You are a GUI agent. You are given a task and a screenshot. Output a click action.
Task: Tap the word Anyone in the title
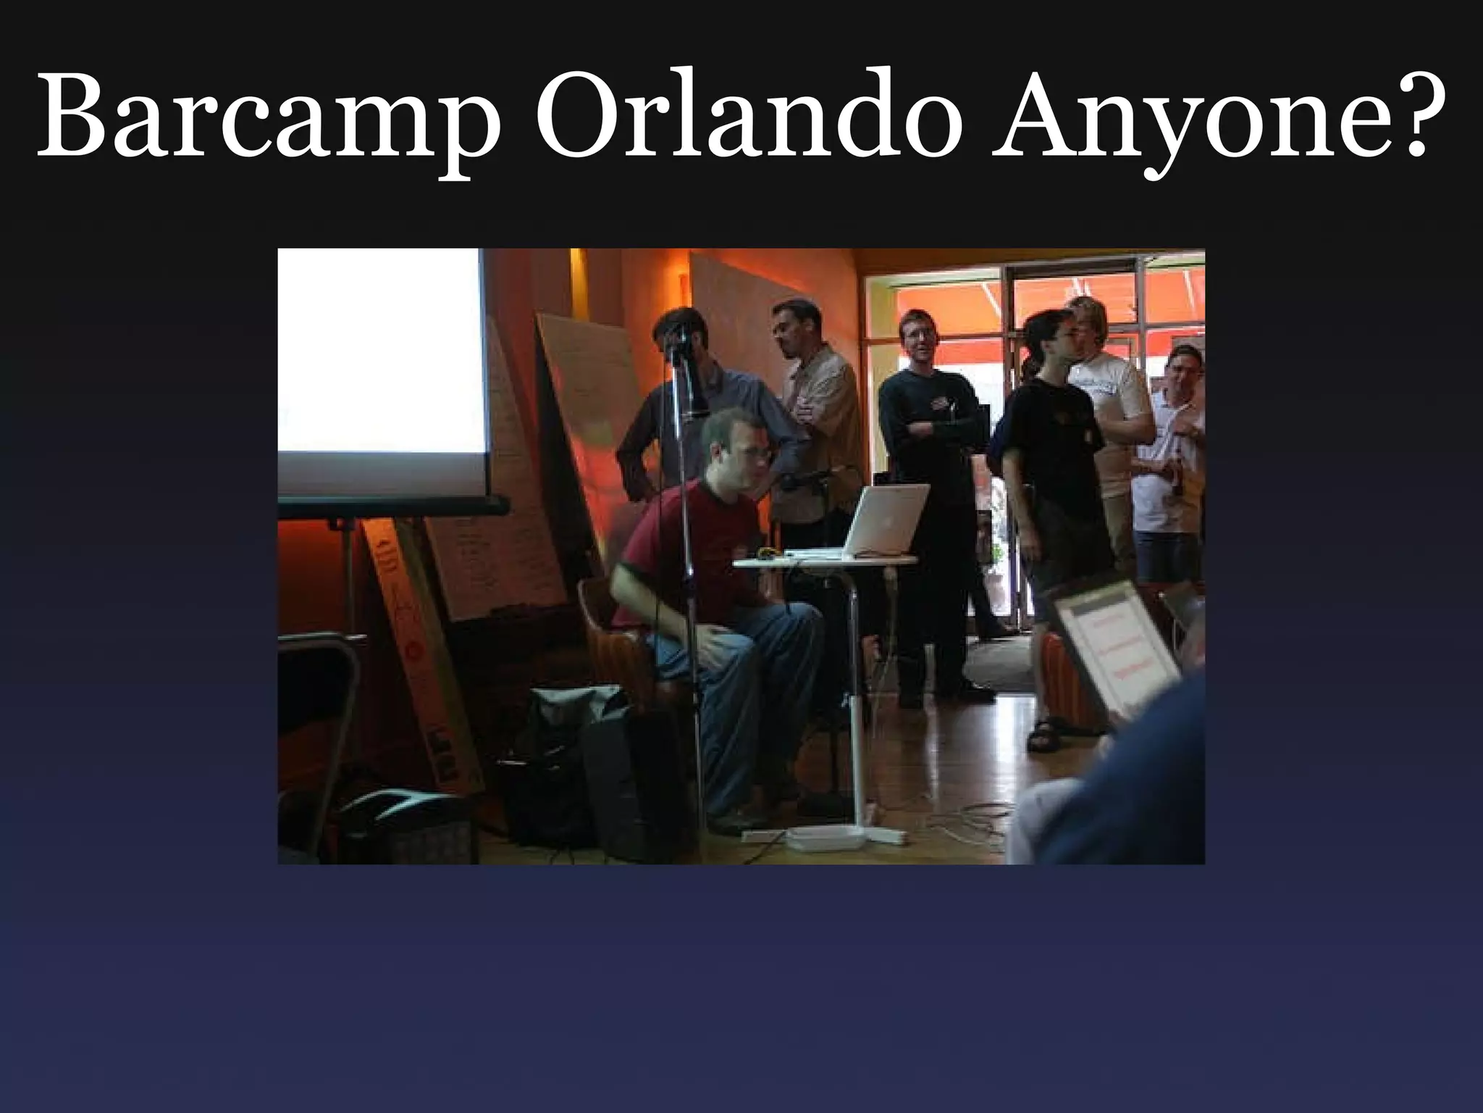click(x=1166, y=116)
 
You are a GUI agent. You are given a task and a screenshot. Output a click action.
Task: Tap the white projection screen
click(x=380, y=351)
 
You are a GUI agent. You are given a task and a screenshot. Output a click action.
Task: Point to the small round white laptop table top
click(x=825, y=561)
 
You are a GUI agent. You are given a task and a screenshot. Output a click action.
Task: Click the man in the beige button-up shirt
click(x=818, y=420)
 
